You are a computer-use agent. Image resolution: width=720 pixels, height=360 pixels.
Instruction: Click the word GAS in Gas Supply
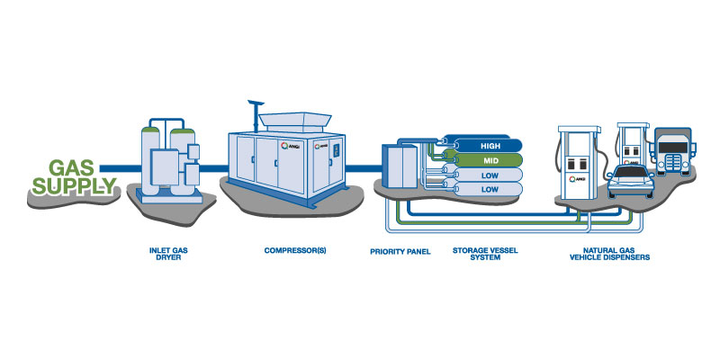(71, 168)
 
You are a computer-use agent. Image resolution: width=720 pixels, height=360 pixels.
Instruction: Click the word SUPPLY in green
(74, 185)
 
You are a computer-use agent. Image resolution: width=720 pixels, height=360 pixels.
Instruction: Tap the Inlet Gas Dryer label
(168, 254)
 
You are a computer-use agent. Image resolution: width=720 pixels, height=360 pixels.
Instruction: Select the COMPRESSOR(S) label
(295, 251)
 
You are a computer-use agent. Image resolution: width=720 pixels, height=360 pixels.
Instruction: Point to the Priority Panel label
(400, 252)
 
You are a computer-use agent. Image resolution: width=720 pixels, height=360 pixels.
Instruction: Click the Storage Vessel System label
(485, 254)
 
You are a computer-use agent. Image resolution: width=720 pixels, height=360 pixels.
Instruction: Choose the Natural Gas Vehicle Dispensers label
(610, 254)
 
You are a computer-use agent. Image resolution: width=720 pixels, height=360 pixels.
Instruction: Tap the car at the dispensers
(631, 182)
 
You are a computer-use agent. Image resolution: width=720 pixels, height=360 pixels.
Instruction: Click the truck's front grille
(673, 162)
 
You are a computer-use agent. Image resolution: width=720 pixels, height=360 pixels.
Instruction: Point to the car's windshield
(631, 172)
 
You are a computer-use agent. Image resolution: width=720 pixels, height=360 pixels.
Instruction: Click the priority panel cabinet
(400, 166)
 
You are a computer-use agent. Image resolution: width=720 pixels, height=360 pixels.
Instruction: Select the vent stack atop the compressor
(255, 115)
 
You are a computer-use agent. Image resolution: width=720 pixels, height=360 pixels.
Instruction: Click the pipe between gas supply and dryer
(121, 168)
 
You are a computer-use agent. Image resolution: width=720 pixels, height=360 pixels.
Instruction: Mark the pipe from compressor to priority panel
(364, 168)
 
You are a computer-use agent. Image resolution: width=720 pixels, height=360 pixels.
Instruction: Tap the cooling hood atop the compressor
(295, 121)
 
